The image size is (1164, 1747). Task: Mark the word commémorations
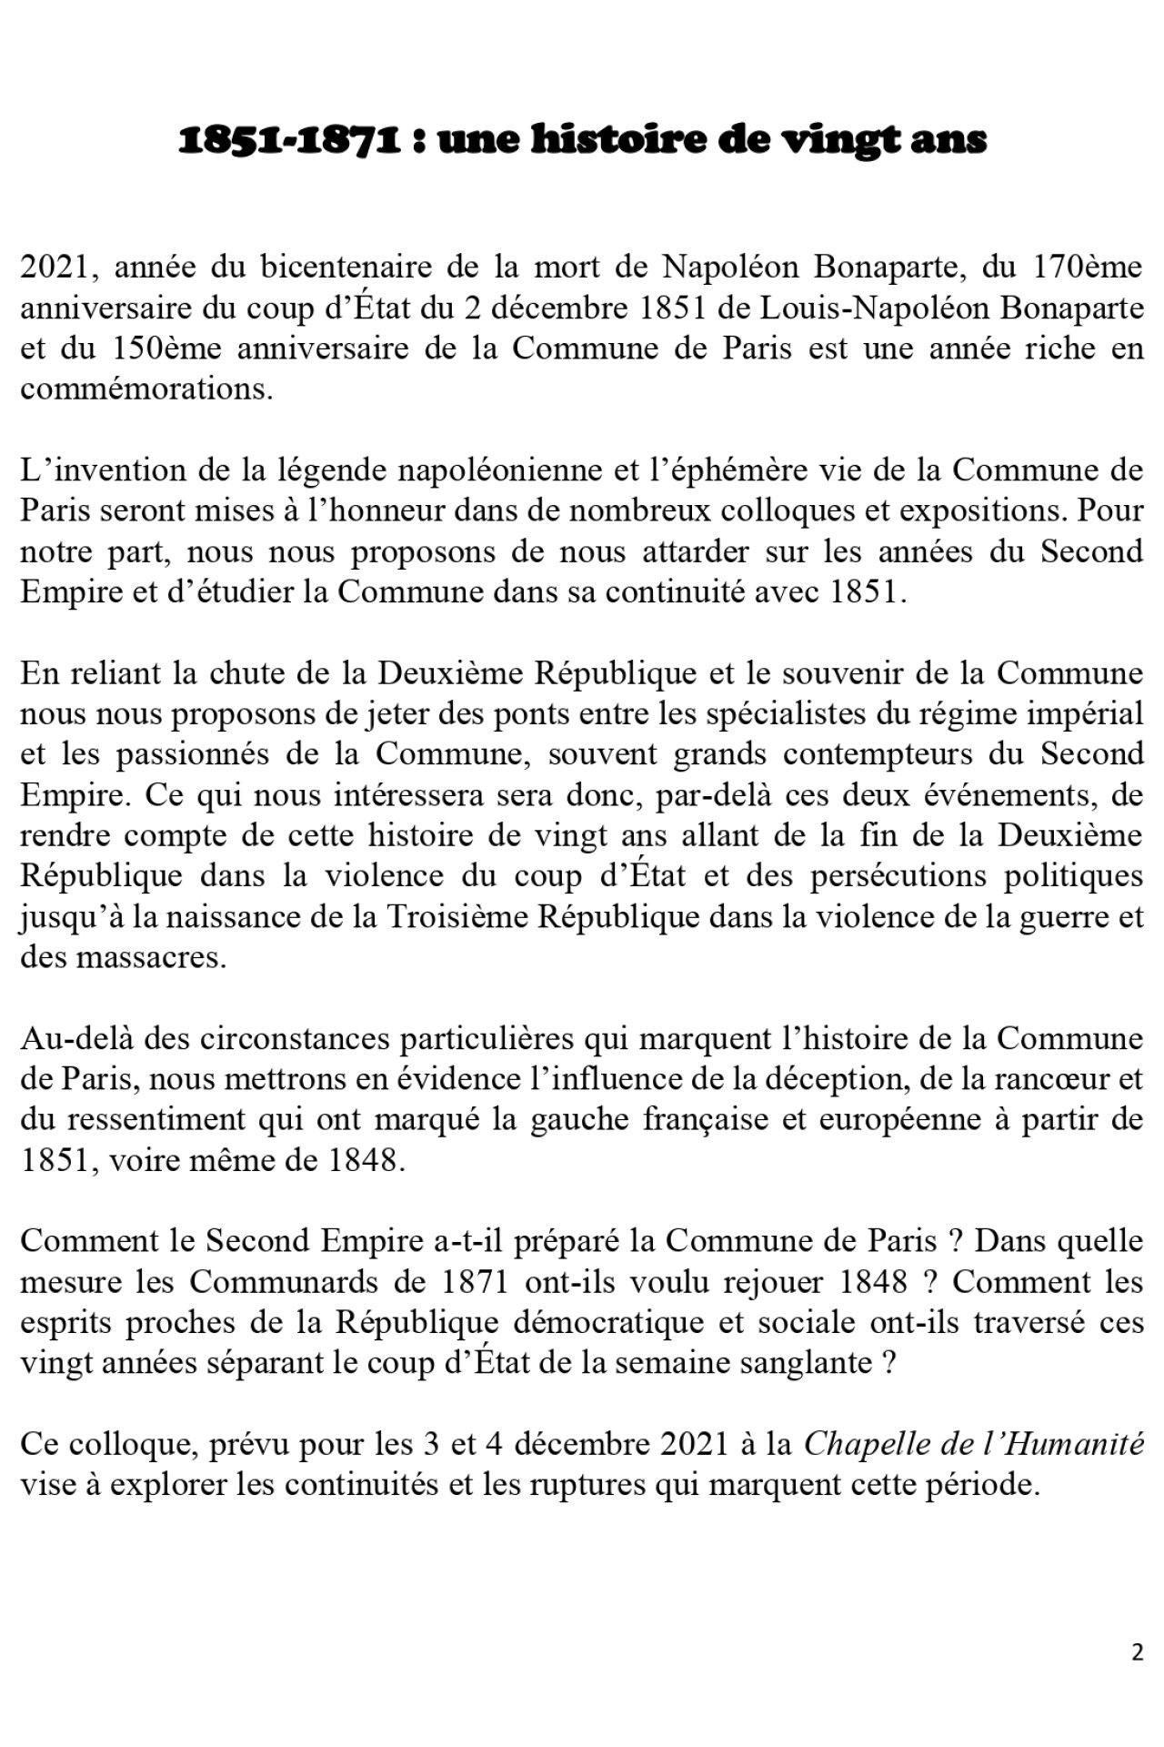coord(145,389)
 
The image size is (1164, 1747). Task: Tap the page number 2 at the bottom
coord(1138,1652)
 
